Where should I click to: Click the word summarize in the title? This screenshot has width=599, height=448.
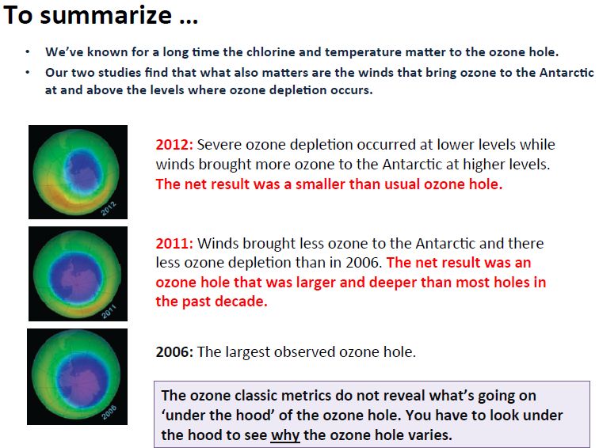(106, 15)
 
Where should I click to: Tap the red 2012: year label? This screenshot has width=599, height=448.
(174, 145)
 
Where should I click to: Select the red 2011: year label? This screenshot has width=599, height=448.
(174, 243)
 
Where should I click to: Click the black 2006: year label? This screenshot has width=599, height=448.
(174, 351)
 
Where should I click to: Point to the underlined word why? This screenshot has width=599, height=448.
(285, 435)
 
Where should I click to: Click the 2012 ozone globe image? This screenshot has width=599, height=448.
(78, 172)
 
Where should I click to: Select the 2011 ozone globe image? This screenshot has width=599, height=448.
(78, 274)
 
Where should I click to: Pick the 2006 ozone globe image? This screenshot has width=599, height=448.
(77, 377)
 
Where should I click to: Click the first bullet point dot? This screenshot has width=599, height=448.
(28, 52)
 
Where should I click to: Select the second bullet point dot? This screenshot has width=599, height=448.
(28, 72)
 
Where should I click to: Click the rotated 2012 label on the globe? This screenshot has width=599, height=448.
(109, 208)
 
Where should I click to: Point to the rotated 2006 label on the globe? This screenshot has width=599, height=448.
(109, 413)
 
